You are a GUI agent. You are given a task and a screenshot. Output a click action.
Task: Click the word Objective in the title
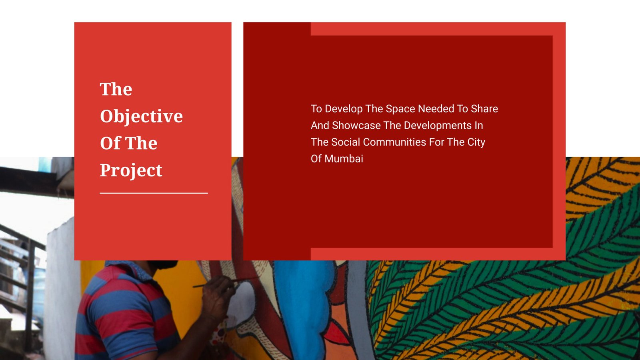(142, 116)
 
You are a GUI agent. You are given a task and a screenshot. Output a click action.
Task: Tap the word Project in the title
(131, 171)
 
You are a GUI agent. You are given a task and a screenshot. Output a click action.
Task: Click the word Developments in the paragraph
(438, 126)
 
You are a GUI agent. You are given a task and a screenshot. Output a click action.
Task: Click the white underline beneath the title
(154, 193)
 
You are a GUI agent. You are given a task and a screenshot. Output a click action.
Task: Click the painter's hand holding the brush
(218, 297)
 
